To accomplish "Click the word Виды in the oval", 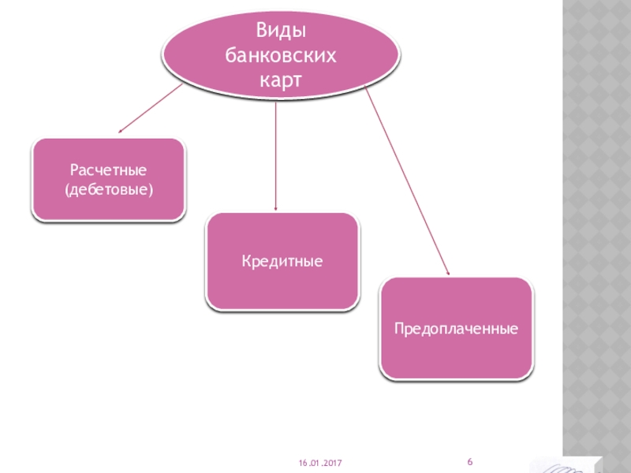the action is pos(281,31).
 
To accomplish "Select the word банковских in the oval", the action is pos(281,55).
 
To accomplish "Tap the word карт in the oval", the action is pos(281,80).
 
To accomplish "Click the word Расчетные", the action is pos(109,169).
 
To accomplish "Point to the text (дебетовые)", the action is pos(109,190).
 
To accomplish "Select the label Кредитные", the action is pos(282,261).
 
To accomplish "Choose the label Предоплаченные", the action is pos(457,327).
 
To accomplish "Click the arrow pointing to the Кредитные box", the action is pos(275,158).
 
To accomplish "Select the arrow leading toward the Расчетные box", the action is pos(150,108).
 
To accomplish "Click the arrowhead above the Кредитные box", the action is pos(275,207).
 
